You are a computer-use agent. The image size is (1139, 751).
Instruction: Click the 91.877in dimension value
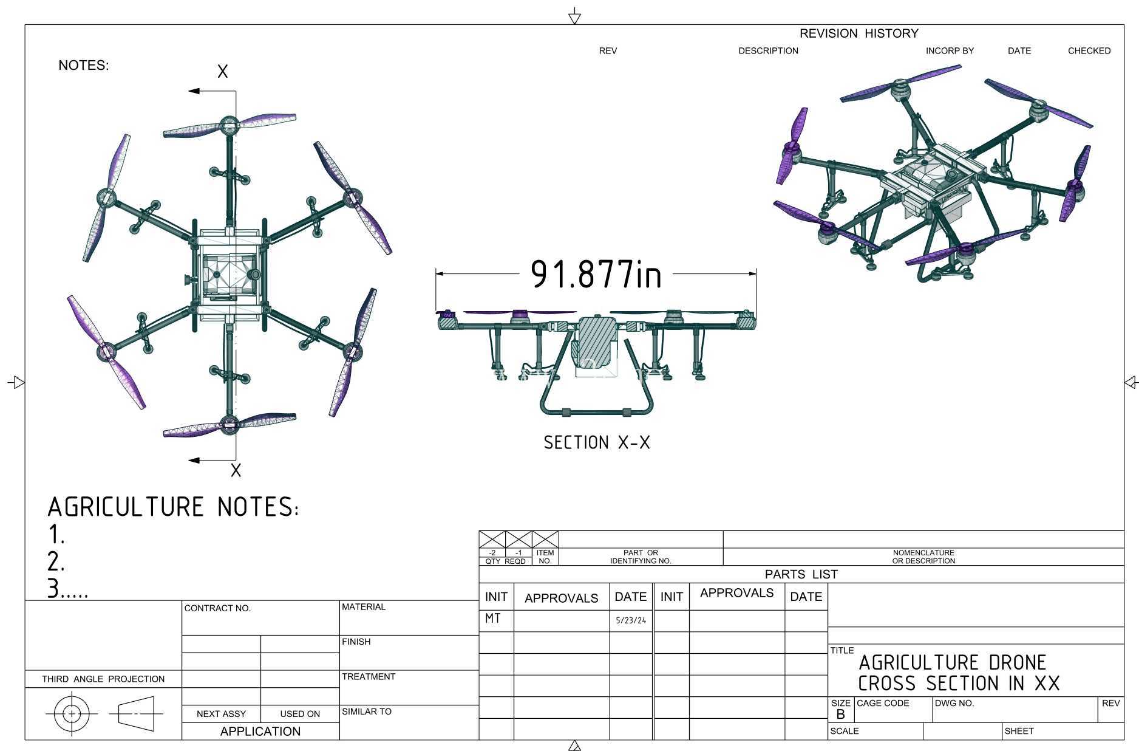point(596,274)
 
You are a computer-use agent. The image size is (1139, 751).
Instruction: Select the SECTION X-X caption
point(597,442)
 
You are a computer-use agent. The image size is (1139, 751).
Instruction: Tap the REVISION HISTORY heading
point(858,33)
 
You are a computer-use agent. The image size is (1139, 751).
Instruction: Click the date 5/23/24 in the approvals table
point(631,620)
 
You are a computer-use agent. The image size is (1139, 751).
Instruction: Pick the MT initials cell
point(493,619)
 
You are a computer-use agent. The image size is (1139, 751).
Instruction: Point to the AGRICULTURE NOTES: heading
point(173,507)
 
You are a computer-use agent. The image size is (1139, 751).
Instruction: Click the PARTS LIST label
point(801,574)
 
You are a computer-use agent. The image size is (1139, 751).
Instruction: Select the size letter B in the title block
point(840,714)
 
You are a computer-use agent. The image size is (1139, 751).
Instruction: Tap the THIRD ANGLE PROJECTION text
point(103,679)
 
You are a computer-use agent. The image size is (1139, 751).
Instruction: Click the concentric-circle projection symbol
point(72,713)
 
